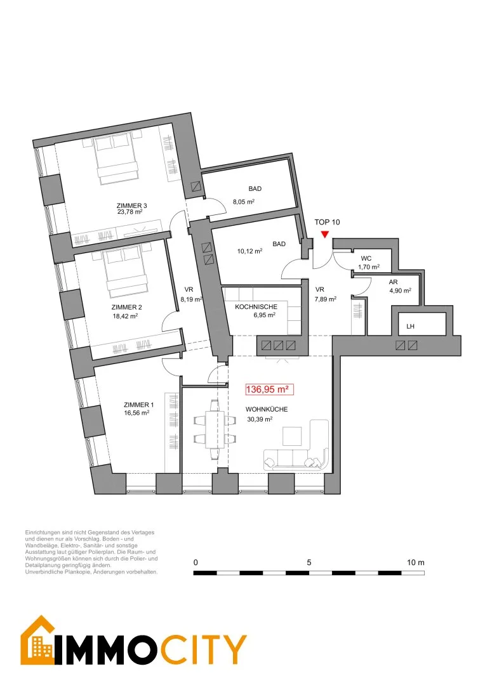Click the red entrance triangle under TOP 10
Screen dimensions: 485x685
324,235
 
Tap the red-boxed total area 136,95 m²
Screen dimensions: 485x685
269,389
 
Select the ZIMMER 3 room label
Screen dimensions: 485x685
131,205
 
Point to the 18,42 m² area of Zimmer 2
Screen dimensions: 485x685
125,315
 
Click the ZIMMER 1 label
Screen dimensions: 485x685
138,405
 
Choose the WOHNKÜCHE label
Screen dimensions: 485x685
267,409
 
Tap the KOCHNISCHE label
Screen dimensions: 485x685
256,307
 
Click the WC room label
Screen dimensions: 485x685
366,258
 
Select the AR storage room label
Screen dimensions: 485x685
393,282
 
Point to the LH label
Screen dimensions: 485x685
410,327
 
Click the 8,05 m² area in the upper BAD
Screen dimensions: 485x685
244,202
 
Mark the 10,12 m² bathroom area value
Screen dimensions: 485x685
249,251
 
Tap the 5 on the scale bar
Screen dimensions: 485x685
309,562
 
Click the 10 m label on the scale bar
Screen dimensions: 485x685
415,562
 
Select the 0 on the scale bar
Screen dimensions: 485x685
196,562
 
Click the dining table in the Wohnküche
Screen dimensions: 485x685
215,429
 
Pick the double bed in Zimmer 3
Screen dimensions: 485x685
117,158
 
